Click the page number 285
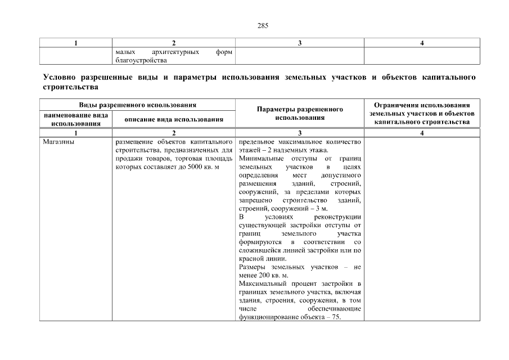pos(254,26)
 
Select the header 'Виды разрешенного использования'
pos(137,105)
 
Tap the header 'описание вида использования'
pos(174,119)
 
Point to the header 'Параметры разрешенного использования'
pos(300,113)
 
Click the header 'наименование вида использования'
pos(76,119)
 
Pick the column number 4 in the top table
pos(422,43)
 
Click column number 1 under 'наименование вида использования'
pos(76,132)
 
